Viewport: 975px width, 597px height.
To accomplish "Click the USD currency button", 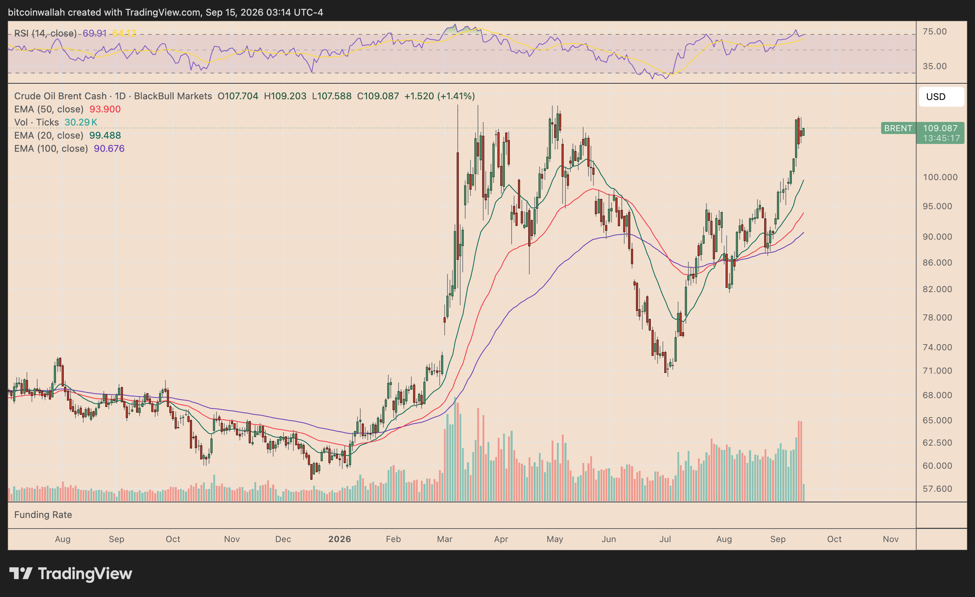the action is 941,96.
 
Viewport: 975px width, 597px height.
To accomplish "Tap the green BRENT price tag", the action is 898,128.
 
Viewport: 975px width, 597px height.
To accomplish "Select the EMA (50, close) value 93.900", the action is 105,109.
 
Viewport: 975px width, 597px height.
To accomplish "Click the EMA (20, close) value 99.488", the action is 105,135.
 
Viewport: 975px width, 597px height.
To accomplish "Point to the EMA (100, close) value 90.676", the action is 109,149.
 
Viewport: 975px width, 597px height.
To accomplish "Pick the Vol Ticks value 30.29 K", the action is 81,122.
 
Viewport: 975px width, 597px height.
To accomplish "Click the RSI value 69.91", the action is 95,33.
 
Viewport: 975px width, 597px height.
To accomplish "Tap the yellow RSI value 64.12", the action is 124,33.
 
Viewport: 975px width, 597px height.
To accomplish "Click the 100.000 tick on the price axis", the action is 940,177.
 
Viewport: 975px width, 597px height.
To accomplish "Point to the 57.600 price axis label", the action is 937,489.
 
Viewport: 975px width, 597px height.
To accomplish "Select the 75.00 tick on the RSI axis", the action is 935,32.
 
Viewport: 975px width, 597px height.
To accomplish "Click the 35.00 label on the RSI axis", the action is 935,66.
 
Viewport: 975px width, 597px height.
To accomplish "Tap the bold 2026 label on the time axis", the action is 339,539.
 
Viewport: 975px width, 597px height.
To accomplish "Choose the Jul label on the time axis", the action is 665,539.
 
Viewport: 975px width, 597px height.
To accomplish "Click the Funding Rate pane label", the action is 43,515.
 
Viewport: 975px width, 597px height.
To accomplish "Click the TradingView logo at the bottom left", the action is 71,574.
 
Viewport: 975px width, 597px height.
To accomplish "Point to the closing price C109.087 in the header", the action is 378,96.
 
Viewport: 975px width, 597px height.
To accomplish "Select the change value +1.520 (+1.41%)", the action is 439,96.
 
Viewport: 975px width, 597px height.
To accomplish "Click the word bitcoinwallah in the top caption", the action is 36,12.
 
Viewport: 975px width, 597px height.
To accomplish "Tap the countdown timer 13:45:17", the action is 941,138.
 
